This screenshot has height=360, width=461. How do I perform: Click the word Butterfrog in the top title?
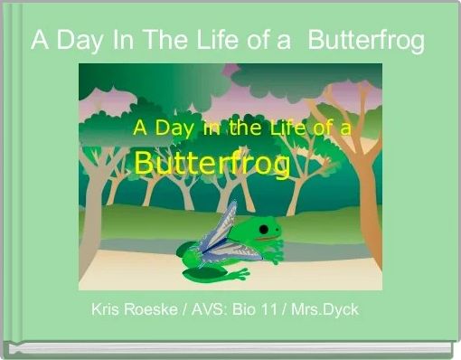pos(366,41)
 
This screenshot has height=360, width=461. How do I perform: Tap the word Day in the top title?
pos(78,41)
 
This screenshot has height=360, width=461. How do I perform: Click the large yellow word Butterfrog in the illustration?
pos(212,165)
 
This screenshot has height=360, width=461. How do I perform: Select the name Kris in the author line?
pos(107,310)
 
